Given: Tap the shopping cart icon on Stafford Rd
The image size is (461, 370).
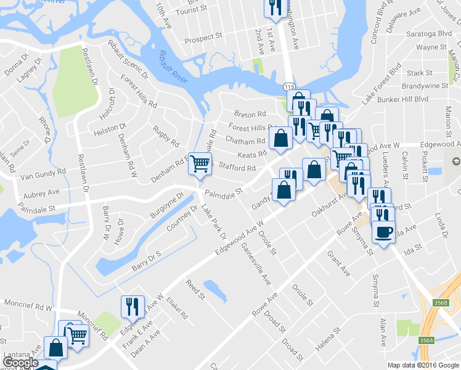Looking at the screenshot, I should click(200, 164).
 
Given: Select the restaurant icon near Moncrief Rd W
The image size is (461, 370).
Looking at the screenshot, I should click(133, 305).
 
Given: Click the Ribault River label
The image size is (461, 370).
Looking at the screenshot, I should click(174, 68).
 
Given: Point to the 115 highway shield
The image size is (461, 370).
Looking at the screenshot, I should click(289, 89).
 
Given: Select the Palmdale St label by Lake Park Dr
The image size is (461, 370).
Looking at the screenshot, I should click(222, 194).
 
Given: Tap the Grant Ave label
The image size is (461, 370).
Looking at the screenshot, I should click(339, 263).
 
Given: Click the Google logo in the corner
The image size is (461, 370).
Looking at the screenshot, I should click(20, 363).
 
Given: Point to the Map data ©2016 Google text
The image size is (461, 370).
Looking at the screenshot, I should click(423, 365).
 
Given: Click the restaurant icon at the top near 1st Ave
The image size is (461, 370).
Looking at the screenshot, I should click(274, 7).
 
